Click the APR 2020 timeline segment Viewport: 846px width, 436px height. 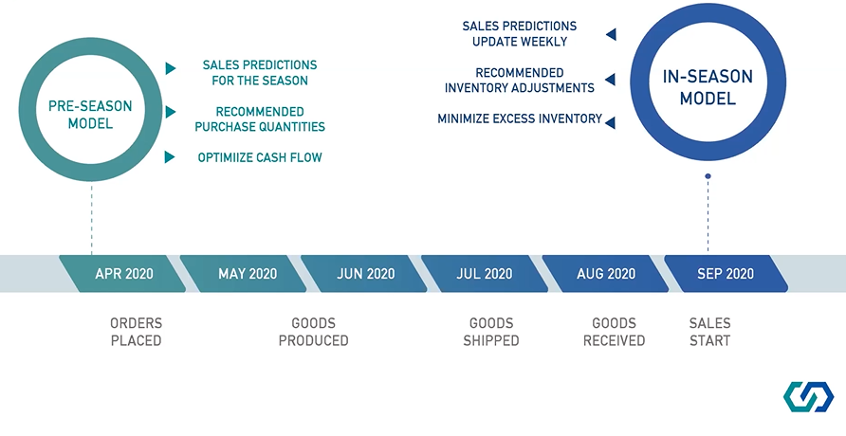[x=123, y=274]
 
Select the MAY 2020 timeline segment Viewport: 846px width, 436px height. [x=244, y=274]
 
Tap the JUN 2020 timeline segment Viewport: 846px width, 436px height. [x=365, y=274]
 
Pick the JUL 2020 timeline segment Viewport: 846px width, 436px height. [x=485, y=274]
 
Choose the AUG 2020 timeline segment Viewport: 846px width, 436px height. [x=606, y=274]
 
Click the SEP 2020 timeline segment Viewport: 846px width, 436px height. [x=726, y=274]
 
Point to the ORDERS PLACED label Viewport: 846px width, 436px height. [x=136, y=332]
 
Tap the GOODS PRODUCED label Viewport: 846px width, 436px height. [x=314, y=332]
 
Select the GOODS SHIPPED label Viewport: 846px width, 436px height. [x=491, y=332]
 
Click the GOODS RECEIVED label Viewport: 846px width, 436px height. [x=614, y=332]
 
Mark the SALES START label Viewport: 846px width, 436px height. [x=710, y=332]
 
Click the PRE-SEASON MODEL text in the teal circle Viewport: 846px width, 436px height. [x=90, y=115]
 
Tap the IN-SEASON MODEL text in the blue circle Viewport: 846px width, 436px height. [x=708, y=87]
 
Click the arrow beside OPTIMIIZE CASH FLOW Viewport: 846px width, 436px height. [x=170, y=156]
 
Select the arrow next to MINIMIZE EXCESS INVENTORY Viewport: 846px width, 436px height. [x=610, y=122]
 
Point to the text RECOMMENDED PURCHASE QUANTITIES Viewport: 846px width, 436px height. [x=260, y=119]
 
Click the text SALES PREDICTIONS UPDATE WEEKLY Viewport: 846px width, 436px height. [x=520, y=34]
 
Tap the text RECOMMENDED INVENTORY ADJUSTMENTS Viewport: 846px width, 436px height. [x=520, y=81]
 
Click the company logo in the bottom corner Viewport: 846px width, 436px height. [x=808, y=397]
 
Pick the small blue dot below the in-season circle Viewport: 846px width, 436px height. [x=708, y=176]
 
